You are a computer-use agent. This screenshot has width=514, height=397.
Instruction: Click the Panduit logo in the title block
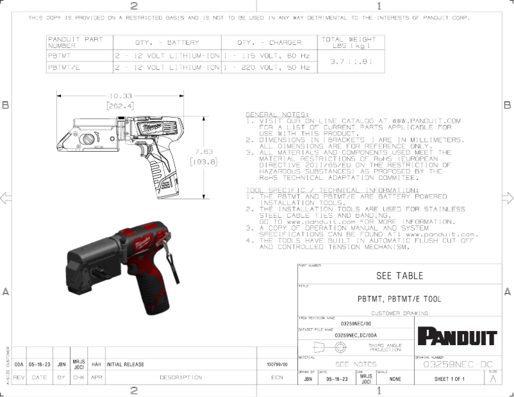pyautogui.click(x=457, y=336)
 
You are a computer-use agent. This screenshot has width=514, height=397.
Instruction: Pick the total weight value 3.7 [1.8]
pyautogui.click(x=347, y=61)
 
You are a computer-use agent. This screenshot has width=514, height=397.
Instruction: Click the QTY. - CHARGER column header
pyautogui.click(x=269, y=42)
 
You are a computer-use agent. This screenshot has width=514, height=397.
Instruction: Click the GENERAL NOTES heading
pyautogui.click(x=272, y=114)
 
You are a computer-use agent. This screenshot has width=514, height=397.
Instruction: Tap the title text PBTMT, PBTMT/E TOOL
pyautogui.click(x=399, y=299)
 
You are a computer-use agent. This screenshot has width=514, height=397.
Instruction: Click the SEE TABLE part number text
pyautogui.click(x=399, y=275)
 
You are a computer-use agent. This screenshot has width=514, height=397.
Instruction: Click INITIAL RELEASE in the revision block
pyautogui.click(x=126, y=364)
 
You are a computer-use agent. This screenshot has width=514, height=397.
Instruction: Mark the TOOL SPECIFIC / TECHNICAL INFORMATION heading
pyautogui.click(x=331, y=190)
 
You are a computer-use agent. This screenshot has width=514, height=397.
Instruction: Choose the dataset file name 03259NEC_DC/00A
pyautogui.click(x=356, y=335)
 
